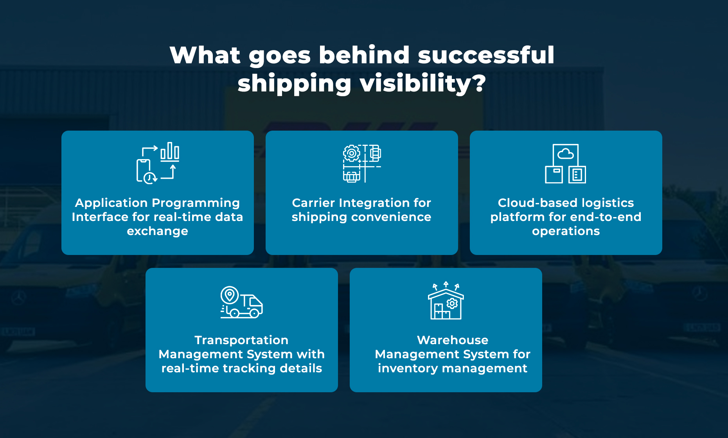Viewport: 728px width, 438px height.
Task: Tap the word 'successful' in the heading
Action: (486, 55)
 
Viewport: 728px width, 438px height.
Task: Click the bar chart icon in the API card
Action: (170, 152)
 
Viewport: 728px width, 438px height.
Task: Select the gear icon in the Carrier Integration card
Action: (351, 153)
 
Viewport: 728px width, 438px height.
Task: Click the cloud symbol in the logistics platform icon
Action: (566, 154)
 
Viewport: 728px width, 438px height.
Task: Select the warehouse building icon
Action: (446, 304)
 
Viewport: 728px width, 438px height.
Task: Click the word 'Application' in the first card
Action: (111, 203)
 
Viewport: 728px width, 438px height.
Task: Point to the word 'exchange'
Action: (157, 231)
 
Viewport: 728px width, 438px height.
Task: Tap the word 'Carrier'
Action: (313, 203)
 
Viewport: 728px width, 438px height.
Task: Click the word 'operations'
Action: (566, 231)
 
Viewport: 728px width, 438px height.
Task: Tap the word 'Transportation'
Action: (241, 340)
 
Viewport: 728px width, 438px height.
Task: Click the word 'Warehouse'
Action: (453, 340)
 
